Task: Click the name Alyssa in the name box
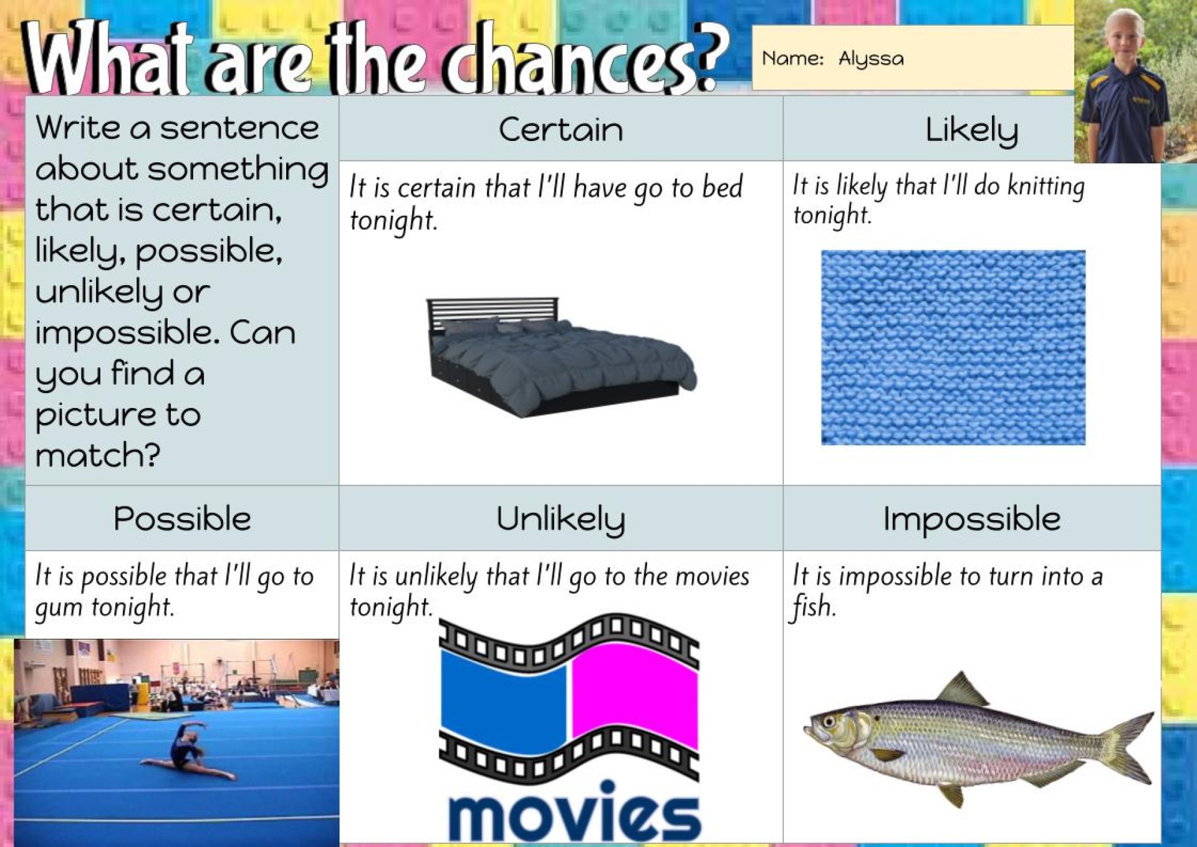(871, 59)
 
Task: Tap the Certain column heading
(560, 130)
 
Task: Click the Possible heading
(182, 519)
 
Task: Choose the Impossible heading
(971, 519)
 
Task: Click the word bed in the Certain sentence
(723, 187)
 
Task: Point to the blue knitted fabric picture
(953, 347)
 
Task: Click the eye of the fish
(829, 722)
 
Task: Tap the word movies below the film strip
(574, 810)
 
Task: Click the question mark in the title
(711, 57)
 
